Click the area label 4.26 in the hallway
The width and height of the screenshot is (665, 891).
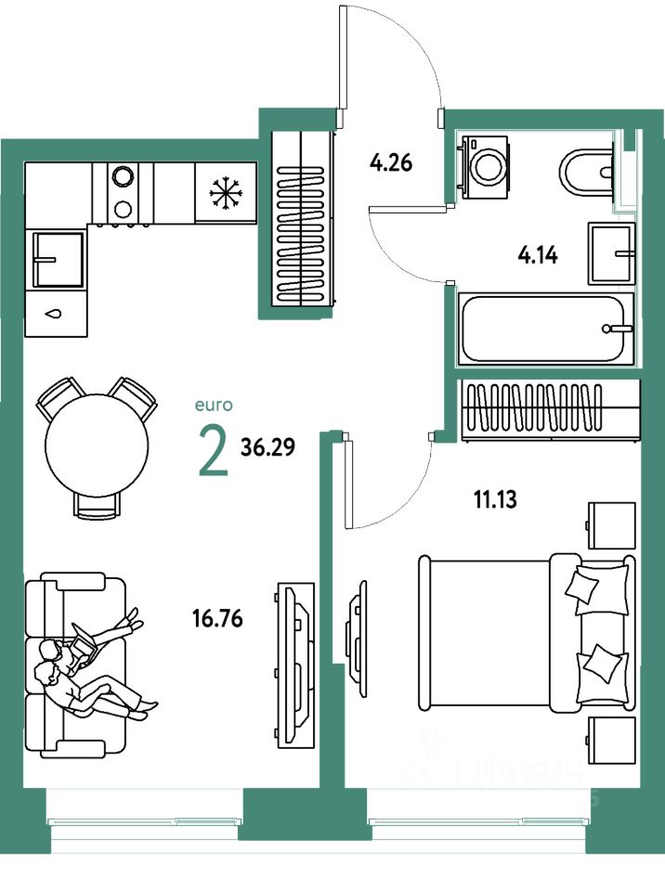(x=390, y=165)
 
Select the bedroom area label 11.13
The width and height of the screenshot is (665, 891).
(x=495, y=500)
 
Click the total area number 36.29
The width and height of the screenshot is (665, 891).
(x=267, y=448)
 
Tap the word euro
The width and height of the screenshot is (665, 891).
(x=213, y=405)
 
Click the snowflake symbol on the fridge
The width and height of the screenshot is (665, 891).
(x=224, y=192)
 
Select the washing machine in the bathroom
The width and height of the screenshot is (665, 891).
(x=484, y=166)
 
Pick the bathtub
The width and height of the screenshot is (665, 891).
(x=546, y=329)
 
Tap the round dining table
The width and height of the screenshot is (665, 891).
(x=97, y=444)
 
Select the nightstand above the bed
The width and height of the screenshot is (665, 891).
(x=611, y=526)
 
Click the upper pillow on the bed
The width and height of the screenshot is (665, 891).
(x=586, y=588)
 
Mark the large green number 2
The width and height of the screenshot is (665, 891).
(x=213, y=449)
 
